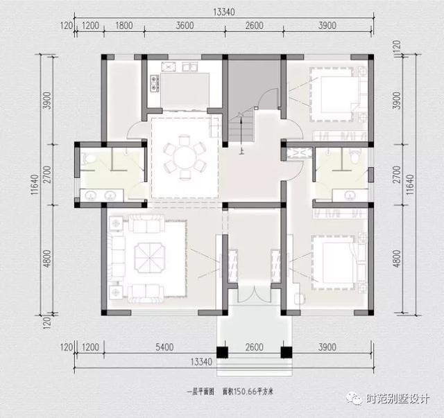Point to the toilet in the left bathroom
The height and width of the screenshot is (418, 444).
pos(87,159)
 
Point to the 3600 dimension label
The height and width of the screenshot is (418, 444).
pos(185,26)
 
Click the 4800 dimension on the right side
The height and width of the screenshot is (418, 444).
pos(398,258)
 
